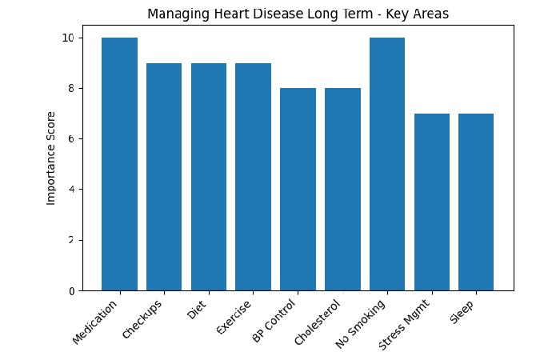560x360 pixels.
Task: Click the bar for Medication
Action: (x=119, y=164)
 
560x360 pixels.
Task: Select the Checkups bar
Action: (x=164, y=177)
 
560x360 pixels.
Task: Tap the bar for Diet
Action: (x=208, y=177)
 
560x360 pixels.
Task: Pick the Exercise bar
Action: (x=253, y=177)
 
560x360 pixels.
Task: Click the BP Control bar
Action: (x=298, y=190)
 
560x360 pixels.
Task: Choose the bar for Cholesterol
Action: (x=342, y=190)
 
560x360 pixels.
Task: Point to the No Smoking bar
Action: (x=386, y=164)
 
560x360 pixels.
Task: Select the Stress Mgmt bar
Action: (x=431, y=202)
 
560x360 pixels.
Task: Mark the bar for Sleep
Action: (x=476, y=202)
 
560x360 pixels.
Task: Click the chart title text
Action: (x=298, y=14)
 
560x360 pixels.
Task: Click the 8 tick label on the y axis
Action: (x=70, y=88)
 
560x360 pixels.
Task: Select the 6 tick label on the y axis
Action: (x=70, y=138)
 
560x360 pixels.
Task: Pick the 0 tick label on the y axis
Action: (x=70, y=290)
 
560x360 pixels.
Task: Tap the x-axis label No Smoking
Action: (x=362, y=323)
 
